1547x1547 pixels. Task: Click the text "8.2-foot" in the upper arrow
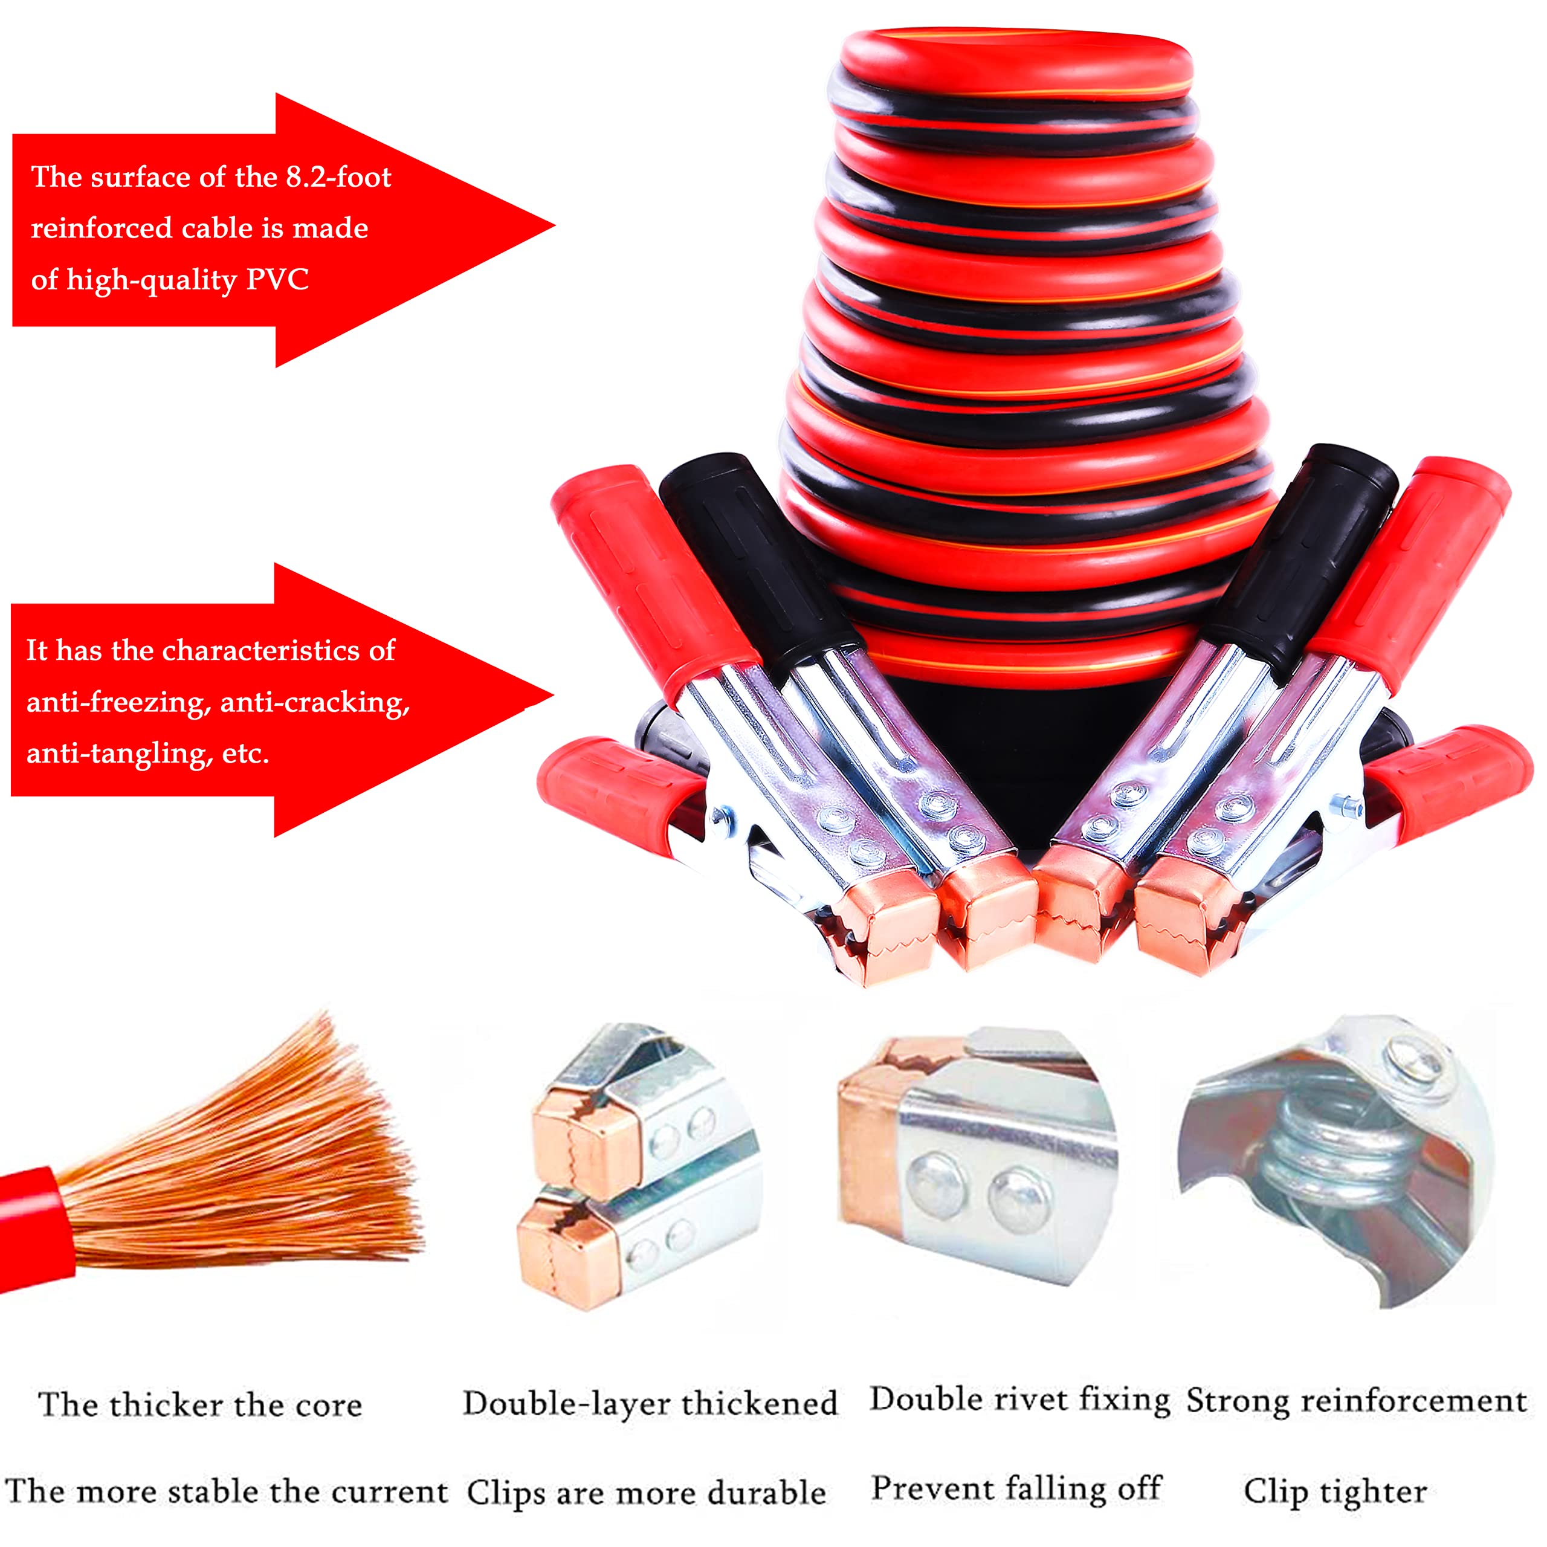pyautogui.click(x=338, y=177)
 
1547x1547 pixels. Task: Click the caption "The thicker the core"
pyautogui.click(x=200, y=1405)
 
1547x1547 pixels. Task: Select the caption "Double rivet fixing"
pyautogui.click(x=1020, y=1400)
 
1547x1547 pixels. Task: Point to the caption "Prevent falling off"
pyautogui.click(x=1016, y=1488)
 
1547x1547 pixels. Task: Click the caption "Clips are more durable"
pyautogui.click(x=645, y=1493)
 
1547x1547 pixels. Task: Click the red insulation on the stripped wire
pyautogui.click(x=32, y=1225)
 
